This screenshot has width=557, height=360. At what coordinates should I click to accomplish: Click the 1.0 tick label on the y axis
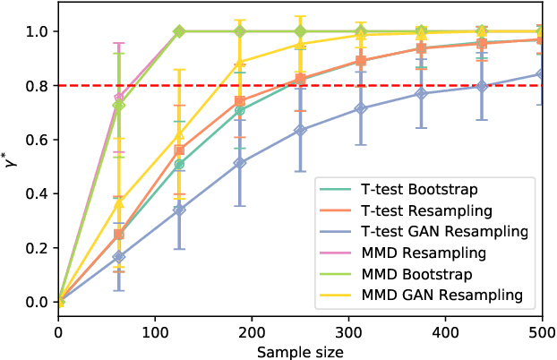coord(39,31)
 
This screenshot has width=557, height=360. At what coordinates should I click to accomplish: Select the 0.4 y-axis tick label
coord(39,194)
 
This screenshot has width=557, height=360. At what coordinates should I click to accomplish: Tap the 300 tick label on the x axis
coord(348,331)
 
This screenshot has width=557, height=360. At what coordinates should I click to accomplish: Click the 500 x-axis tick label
coord(542,331)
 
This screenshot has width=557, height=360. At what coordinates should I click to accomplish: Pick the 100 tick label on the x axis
coord(155,331)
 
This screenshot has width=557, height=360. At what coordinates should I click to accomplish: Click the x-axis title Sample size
coord(300,351)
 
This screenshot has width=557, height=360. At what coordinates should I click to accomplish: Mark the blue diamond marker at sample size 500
coord(542,74)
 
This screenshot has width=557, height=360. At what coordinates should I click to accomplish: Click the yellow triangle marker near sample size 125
coord(179,134)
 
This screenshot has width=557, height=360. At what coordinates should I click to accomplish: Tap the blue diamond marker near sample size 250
coord(300,130)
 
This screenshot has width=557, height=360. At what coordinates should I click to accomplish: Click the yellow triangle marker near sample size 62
coord(118,202)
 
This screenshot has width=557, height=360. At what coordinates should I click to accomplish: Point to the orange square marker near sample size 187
coord(240,101)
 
